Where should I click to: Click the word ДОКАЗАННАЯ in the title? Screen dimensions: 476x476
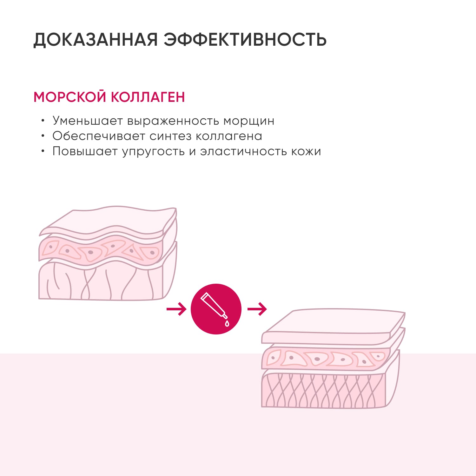96,40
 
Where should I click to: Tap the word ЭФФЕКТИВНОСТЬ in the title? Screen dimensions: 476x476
245,39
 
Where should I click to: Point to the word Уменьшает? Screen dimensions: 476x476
88,121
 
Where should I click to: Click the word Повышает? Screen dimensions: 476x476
85,151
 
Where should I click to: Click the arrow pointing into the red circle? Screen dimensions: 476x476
176,309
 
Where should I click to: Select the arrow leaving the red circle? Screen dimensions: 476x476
257,309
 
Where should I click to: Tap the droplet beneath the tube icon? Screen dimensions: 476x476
227,323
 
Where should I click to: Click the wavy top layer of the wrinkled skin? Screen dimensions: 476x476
108,222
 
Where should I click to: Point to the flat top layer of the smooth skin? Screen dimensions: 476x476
333,327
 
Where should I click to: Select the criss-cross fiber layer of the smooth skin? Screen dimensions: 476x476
324,390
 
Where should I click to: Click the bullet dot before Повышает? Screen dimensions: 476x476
43,151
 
